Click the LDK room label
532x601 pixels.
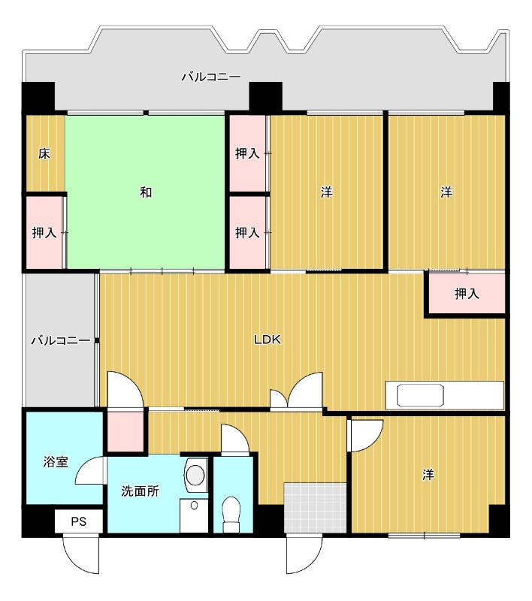point(268,340)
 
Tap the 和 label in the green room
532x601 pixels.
point(146,192)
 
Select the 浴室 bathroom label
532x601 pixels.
point(56,461)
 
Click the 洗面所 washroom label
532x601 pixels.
point(140,491)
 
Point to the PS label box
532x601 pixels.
point(79,521)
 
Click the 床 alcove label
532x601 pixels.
point(44,154)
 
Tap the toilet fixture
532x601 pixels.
point(231,515)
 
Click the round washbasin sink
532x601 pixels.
point(195,476)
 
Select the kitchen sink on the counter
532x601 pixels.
point(421,395)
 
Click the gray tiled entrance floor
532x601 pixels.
point(315,508)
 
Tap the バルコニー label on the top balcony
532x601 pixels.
point(211,77)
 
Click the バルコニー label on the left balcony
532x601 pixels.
point(61,340)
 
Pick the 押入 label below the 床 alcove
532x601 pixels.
point(44,232)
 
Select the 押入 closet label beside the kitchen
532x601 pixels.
point(467,294)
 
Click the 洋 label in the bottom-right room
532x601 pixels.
point(428,475)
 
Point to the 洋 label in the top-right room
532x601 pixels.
point(446,192)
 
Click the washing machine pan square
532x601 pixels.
point(194,515)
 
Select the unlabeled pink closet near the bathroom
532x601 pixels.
point(125,431)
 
